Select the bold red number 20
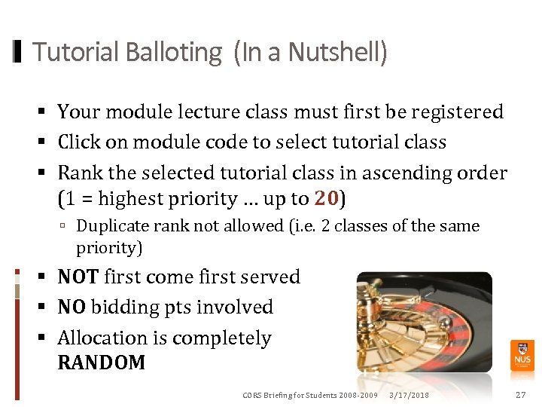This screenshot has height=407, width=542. [327, 198]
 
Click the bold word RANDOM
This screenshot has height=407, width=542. [102, 363]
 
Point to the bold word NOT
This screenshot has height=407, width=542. [78, 277]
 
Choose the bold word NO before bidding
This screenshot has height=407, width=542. [72, 307]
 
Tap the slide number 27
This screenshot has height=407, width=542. [520, 395]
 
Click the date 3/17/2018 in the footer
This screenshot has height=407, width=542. [409, 396]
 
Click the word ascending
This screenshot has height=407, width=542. [406, 173]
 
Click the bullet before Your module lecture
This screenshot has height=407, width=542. [46, 112]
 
